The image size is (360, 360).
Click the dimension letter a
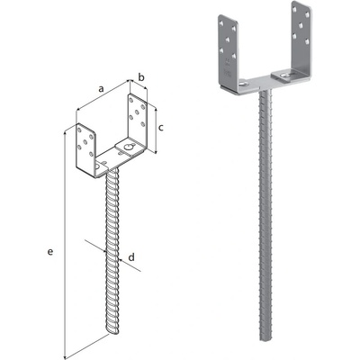point(101,88)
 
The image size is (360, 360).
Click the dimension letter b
point(141,77)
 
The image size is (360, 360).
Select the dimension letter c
point(161,128)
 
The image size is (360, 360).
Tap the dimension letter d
point(131,257)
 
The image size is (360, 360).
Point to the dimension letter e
point(50,252)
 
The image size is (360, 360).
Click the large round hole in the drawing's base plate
point(129,147)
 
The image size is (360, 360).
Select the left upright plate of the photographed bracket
point(229,51)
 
